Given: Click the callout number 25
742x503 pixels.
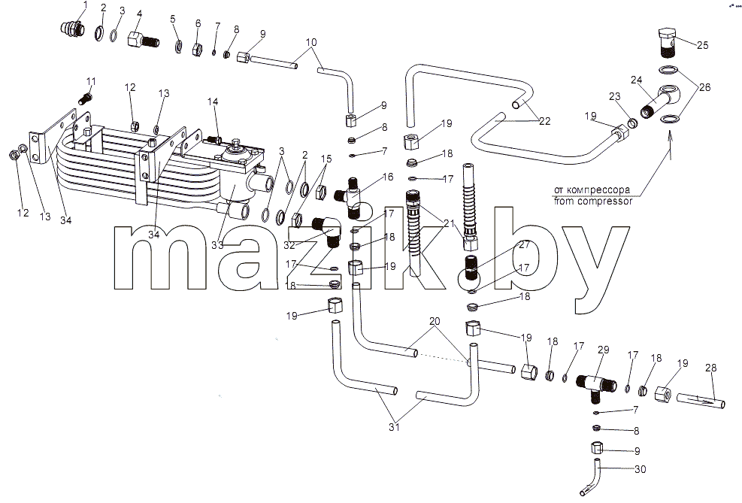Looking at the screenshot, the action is tap(702, 45).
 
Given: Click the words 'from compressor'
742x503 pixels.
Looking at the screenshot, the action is tap(593, 201).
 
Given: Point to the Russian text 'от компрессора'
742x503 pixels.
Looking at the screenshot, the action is tap(592, 190).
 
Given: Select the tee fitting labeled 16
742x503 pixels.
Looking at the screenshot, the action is tap(350, 197).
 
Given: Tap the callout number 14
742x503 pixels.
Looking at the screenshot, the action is tap(213, 102).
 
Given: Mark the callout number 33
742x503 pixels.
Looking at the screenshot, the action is tap(217, 245).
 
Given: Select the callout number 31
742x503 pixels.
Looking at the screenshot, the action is tap(394, 427).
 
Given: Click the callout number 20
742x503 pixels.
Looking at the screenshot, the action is tap(435, 321).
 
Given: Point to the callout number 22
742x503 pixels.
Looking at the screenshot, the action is tap(545, 121).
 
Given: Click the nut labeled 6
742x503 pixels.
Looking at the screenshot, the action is tap(197, 48).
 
